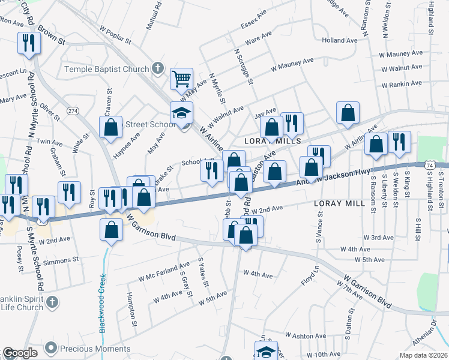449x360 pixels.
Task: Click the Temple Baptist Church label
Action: tap(107, 69)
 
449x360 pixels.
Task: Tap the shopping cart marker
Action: tap(181, 79)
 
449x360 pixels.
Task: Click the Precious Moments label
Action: tap(90, 347)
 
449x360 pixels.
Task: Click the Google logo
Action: tap(20, 353)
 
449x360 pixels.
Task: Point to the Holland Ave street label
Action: tap(342, 40)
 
